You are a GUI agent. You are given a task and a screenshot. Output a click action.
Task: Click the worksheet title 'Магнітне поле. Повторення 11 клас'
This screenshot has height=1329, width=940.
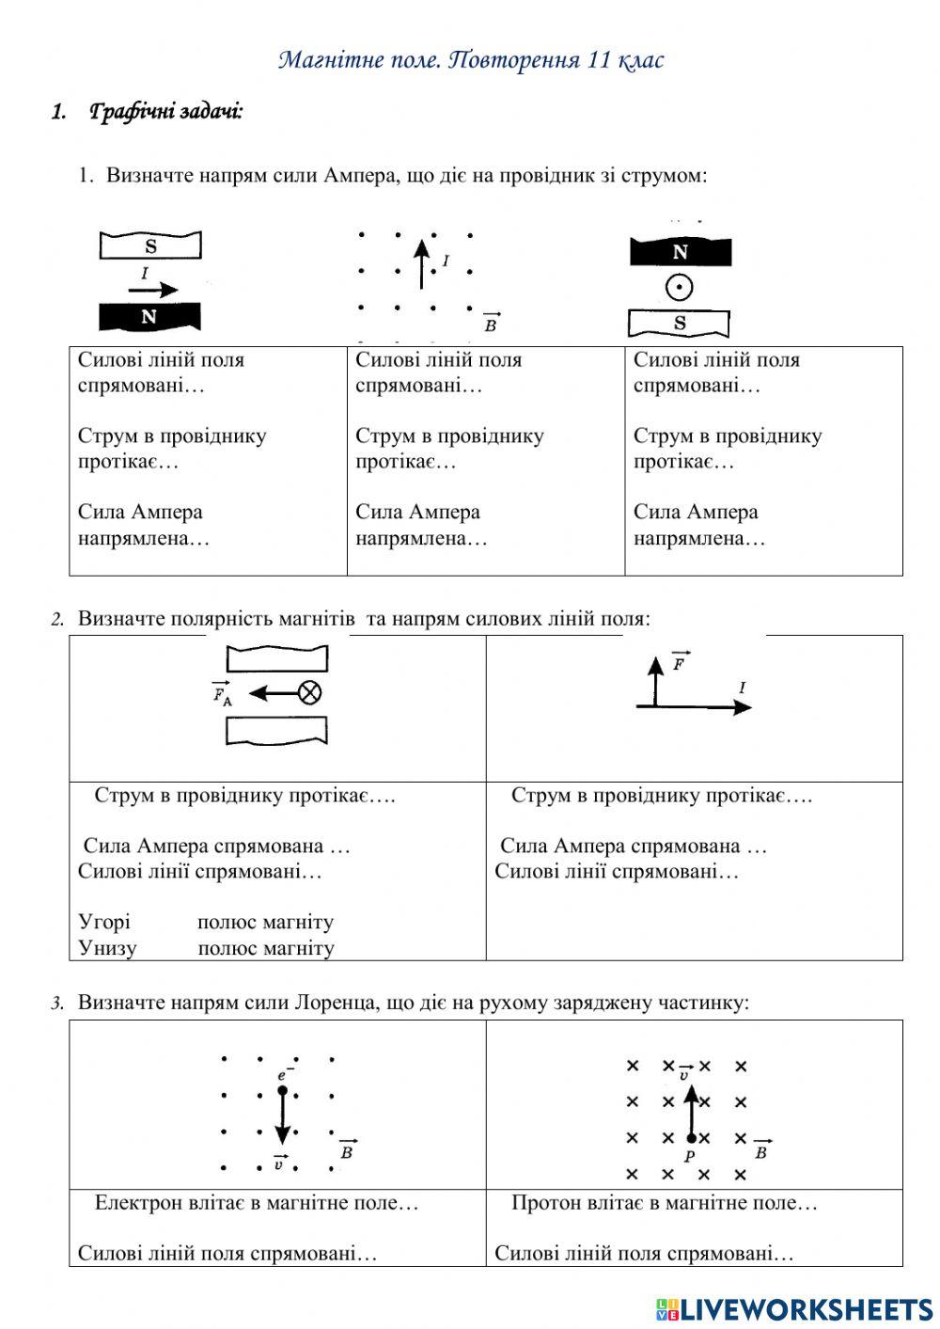[471, 60]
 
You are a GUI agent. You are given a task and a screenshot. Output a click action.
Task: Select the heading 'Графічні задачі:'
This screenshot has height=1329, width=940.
[165, 112]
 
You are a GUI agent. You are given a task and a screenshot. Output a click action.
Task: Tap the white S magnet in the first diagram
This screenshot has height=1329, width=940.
[150, 246]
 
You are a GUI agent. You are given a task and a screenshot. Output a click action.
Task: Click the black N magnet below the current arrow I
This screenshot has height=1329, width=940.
[150, 317]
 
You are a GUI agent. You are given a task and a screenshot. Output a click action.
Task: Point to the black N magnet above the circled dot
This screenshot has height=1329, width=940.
[680, 252]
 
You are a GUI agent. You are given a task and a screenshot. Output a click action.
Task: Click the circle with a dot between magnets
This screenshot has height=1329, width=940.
[679, 287]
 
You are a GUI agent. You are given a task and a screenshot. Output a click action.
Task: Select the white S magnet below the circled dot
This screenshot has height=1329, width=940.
[679, 324]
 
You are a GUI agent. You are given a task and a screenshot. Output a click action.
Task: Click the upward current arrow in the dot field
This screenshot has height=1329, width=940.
[421, 263]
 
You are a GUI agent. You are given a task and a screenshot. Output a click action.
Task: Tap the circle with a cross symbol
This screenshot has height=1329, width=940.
[309, 693]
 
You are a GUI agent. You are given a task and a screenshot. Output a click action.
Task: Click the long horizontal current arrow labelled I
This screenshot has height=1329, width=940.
[696, 706]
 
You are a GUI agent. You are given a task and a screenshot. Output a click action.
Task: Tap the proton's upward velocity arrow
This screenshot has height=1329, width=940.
[691, 1110]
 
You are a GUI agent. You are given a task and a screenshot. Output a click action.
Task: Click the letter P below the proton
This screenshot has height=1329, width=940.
[690, 1156]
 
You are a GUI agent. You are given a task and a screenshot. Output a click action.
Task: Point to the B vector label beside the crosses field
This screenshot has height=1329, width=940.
[760, 1150]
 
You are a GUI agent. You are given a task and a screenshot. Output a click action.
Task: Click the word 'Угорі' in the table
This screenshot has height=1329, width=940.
[104, 922]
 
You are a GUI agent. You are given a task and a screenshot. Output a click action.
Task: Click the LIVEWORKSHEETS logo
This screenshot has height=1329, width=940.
[794, 1308]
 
